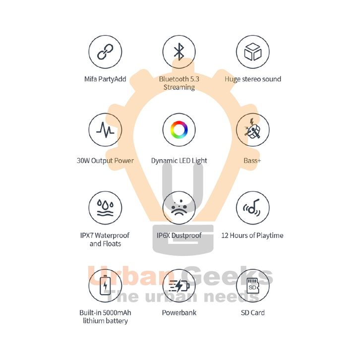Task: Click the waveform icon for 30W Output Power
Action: (105, 130)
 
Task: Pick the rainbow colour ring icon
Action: (179, 130)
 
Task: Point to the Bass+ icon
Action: (252, 130)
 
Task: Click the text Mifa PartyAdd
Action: (105, 79)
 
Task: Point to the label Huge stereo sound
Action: (252, 79)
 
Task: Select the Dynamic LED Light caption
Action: (179, 161)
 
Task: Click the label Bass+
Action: (252, 161)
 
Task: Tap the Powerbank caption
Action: (179, 313)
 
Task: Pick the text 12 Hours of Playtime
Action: (252, 236)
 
